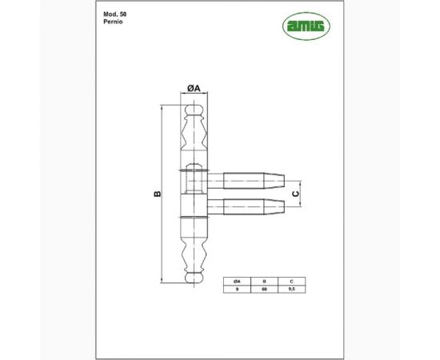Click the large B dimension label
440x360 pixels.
click(x=157, y=194)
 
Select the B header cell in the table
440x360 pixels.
click(x=262, y=282)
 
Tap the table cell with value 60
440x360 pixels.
click(x=262, y=291)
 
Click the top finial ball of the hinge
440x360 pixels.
click(x=192, y=110)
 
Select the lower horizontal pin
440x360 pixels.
click(x=245, y=206)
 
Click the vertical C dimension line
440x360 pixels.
click(x=302, y=193)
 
